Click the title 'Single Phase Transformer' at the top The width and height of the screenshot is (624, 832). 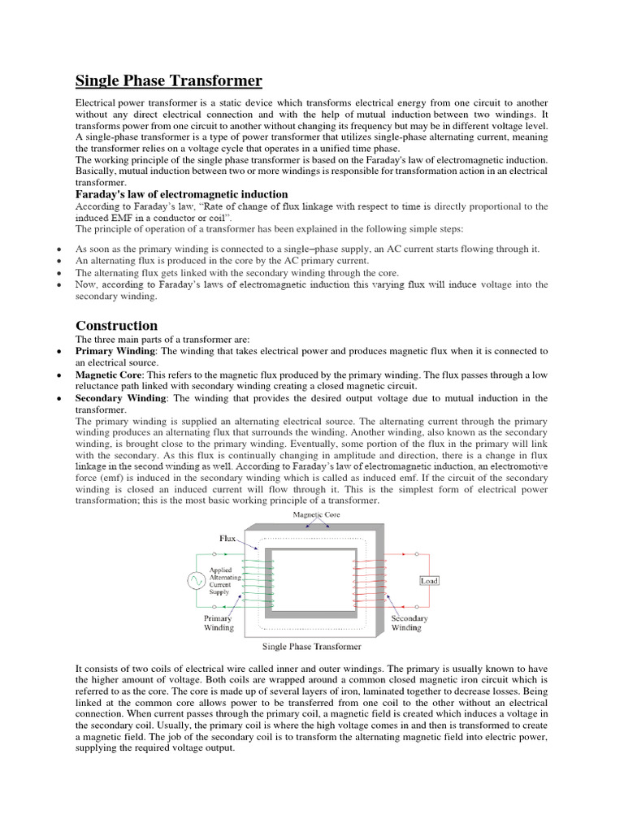click(x=169, y=80)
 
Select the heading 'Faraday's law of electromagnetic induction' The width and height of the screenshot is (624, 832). click(x=181, y=194)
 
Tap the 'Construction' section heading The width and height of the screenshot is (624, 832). click(x=116, y=326)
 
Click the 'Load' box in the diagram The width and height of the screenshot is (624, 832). click(x=428, y=580)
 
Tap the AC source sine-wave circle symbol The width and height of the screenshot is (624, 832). click(x=196, y=580)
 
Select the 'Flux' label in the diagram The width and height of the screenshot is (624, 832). click(x=227, y=539)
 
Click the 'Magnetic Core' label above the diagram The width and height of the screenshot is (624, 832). click(x=310, y=516)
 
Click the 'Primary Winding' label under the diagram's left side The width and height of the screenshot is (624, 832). click(x=218, y=622)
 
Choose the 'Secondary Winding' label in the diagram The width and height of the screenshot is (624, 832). click(x=408, y=622)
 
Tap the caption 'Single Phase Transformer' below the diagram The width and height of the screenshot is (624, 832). click(x=311, y=647)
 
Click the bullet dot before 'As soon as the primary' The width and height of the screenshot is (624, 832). click(x=61, y=249)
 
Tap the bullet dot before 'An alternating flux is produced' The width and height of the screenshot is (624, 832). click(x=61, y=261)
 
